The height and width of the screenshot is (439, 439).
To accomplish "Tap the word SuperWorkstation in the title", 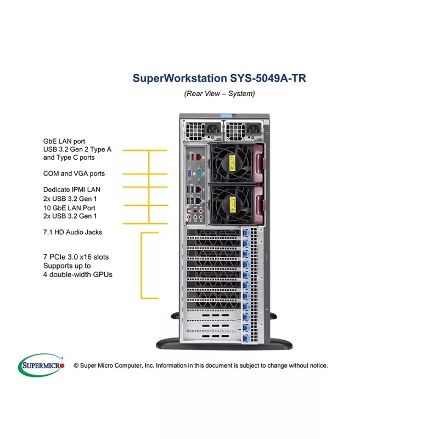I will click(177, 78).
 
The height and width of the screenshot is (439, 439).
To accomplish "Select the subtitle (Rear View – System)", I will click(219, 93).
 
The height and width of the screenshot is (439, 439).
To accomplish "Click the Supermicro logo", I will click(41, 365).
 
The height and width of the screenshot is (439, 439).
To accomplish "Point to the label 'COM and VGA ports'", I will click(74, 173).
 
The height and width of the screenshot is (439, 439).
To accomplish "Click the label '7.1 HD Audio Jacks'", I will click(72, 232).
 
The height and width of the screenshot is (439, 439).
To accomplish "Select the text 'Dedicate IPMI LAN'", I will click(72, 189).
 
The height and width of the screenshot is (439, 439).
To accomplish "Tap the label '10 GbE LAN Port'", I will click(69, 208).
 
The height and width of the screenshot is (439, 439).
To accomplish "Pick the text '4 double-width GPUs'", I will click(77, 274).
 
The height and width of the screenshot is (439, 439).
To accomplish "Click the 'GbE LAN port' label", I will click(64, 141).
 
